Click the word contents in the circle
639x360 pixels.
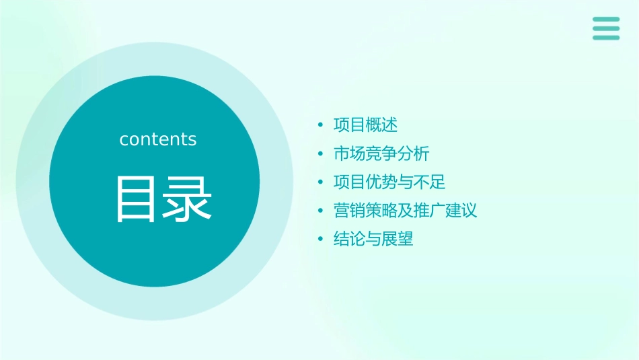coord(158,139)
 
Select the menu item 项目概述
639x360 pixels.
coord(365,125)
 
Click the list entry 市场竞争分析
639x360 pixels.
coord(381,153)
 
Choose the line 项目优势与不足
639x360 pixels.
coord(389,182)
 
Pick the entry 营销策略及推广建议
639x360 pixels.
coord(405,210)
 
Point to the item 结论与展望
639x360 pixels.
coord(373,238)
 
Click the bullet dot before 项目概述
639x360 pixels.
coord(321,126)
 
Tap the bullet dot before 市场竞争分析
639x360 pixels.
coord(321,154)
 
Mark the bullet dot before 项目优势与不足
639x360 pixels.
coord(321,182)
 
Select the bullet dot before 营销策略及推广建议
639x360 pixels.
coord(321,211)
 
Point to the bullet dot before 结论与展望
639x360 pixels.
coord(321,239)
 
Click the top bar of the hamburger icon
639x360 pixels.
coord(606,20)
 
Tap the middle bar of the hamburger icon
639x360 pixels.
coord(606,28)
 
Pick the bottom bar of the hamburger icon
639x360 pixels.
coord(606,37)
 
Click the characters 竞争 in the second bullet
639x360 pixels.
coord(381,153)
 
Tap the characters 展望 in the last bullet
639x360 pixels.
coord(398,238)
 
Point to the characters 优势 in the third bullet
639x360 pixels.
coord(381,182)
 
